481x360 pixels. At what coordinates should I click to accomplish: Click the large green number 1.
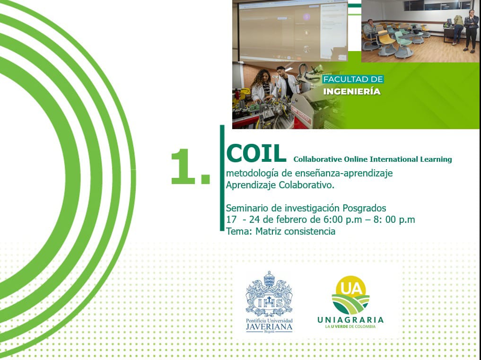(184, 167)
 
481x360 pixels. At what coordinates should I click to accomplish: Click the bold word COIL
(256, 153)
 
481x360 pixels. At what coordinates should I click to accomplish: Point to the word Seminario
(247, 208)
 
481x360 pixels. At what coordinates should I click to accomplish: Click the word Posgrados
(364, 209)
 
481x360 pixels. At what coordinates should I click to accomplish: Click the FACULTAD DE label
(353, 79)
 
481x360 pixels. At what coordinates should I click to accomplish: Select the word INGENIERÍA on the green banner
(352, 91)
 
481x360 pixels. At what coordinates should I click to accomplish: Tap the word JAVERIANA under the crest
(269, 327)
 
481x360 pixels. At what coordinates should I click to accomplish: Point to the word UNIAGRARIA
(350, 320)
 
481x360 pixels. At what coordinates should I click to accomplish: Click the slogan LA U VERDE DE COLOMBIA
(350, 326)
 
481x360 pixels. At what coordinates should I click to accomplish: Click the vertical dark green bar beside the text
(222, 178)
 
